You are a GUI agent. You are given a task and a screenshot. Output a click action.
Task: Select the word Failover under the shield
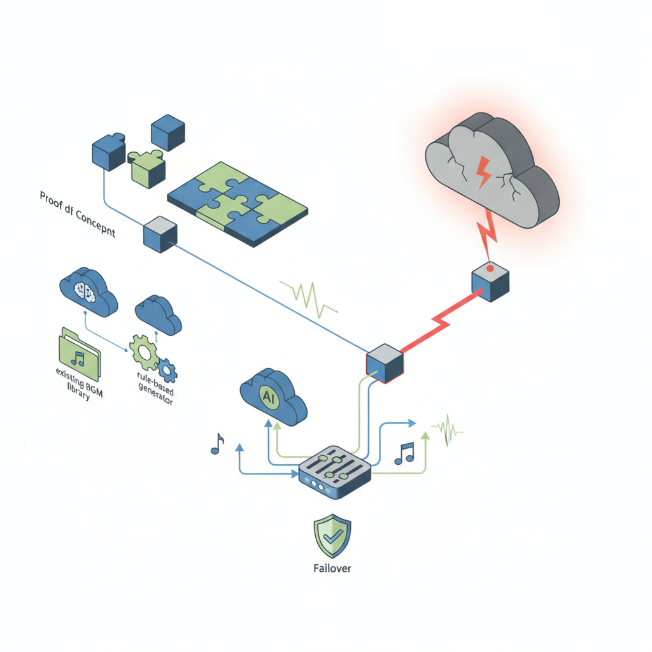[332, 568]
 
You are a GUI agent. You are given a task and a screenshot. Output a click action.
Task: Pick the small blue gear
[167, 369]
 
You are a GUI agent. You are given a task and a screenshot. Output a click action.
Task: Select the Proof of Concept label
[78, 214]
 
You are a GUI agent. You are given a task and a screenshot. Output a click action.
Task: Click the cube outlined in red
[385, 363]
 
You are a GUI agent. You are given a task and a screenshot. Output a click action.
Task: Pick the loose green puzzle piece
[147, 167]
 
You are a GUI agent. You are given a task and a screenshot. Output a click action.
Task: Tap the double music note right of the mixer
[404, 453]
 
